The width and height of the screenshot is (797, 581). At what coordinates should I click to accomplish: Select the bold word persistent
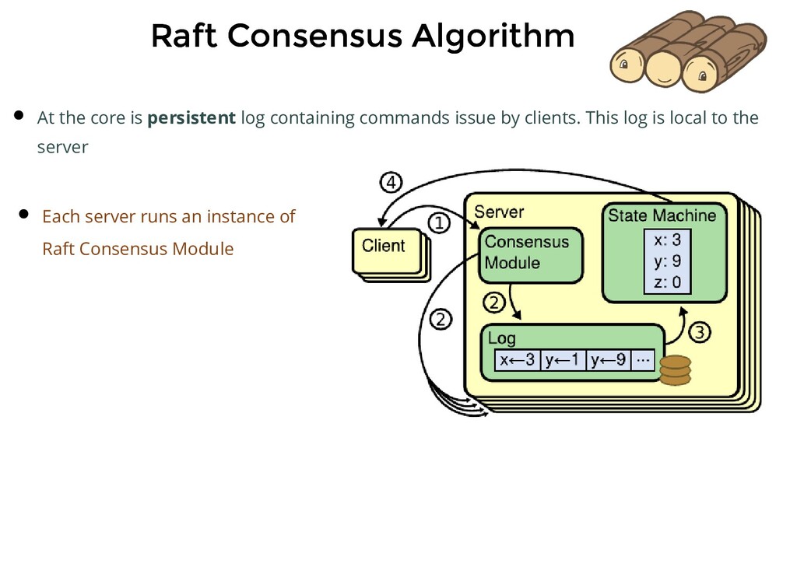pyautogui.click(x=191, y=118)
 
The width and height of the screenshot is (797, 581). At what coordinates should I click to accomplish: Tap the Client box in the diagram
pyautogui.click(x=384, y=247)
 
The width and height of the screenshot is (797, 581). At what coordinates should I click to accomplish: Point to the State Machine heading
pyautogui.click(x=662, y=215)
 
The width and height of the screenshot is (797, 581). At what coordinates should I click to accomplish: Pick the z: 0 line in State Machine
pyautogui.click(x=667, y=282)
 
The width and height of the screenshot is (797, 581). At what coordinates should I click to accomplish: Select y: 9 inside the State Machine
pyautogui.click(x=667, y=261)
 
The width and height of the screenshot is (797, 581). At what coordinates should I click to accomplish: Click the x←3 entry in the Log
pyautogui.click(x=518, y=361)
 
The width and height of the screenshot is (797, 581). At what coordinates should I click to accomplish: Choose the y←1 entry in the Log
pyautogui.click(x=563, y=361)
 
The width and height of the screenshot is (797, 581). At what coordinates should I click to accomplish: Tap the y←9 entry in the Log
pyautogui.click(x=608, y=361)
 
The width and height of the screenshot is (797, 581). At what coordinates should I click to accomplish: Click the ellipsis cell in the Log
pyautogui.click(x=642, y=361)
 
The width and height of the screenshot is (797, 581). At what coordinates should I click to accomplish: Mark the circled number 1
pyautogui.click(x=439, y=224)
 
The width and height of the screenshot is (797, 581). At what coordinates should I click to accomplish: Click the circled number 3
pyautogui.click(x=700, y=333)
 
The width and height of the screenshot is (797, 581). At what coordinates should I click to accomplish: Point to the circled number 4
pyautogui.click(x=391, y=184)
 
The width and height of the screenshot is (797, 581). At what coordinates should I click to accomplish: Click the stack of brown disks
pyautogui.click(x=675, y=370)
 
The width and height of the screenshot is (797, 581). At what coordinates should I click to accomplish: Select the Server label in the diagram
pyautogui.click(x=499, y=212)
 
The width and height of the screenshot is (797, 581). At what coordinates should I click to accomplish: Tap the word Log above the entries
pyautogui.click(x=501, y=338)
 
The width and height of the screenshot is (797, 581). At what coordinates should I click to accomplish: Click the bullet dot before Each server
pyautogui.click(x=23, y=215)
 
